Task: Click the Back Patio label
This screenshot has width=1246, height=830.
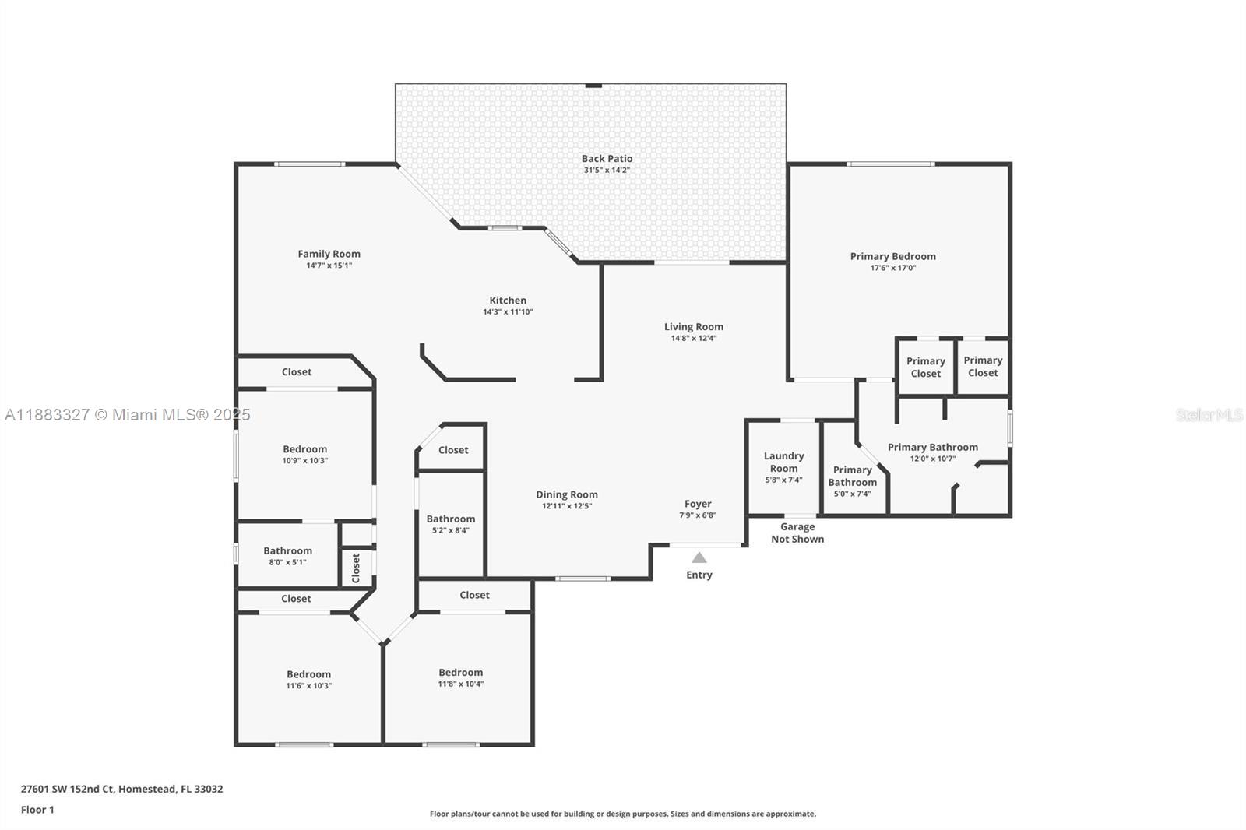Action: [607, 159]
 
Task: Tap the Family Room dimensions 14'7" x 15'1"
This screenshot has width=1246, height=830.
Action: [329, 266]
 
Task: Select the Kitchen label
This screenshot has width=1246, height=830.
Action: [508, 301]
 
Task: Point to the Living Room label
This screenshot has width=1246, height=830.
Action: [693, 327]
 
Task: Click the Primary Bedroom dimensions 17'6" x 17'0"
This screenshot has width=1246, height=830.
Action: [892, 268]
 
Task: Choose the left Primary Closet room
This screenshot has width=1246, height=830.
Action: [925, 367]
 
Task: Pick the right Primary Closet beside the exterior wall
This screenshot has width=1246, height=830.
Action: [983, 366]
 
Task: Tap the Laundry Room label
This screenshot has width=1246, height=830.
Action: [783, 462]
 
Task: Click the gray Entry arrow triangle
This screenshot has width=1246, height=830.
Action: [699, 557]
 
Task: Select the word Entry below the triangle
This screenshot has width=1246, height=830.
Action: [699, 575]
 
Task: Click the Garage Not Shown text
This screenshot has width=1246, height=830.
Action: [797, 533]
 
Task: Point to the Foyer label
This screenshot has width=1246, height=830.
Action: [698, 504]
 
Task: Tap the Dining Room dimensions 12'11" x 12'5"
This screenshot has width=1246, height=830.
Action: [566, 506]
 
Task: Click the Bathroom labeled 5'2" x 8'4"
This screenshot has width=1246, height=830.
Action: [450, 524]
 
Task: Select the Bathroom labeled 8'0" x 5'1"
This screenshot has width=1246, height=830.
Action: [287, 556]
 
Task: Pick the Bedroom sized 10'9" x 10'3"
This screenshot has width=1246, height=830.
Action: [304, 454]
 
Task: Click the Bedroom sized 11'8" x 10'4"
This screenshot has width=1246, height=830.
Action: [460, 677]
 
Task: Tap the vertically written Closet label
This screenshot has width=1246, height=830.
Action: [356, 568]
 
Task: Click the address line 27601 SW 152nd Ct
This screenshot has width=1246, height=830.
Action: [121, 789]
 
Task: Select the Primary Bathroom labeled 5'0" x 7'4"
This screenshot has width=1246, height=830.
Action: [852, 481]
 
